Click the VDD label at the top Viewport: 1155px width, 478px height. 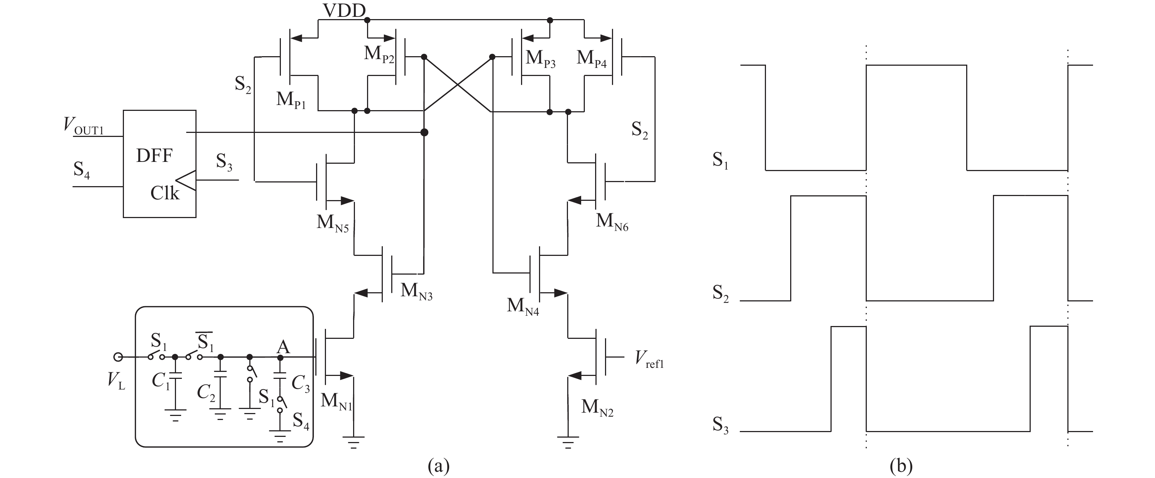point(344,10)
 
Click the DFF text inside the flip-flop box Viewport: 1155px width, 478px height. point(154,156)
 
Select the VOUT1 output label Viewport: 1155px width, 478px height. point(84,125)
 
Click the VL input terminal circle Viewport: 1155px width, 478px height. point(118,357)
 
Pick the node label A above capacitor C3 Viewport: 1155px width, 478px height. point(283,347)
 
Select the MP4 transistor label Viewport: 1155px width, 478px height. point(591,59)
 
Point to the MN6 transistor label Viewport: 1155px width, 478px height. point(612,222)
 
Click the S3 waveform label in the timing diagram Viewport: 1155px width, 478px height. point(720,425)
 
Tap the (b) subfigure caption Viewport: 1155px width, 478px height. point(901,466)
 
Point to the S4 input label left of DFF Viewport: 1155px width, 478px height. point(82,171)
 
